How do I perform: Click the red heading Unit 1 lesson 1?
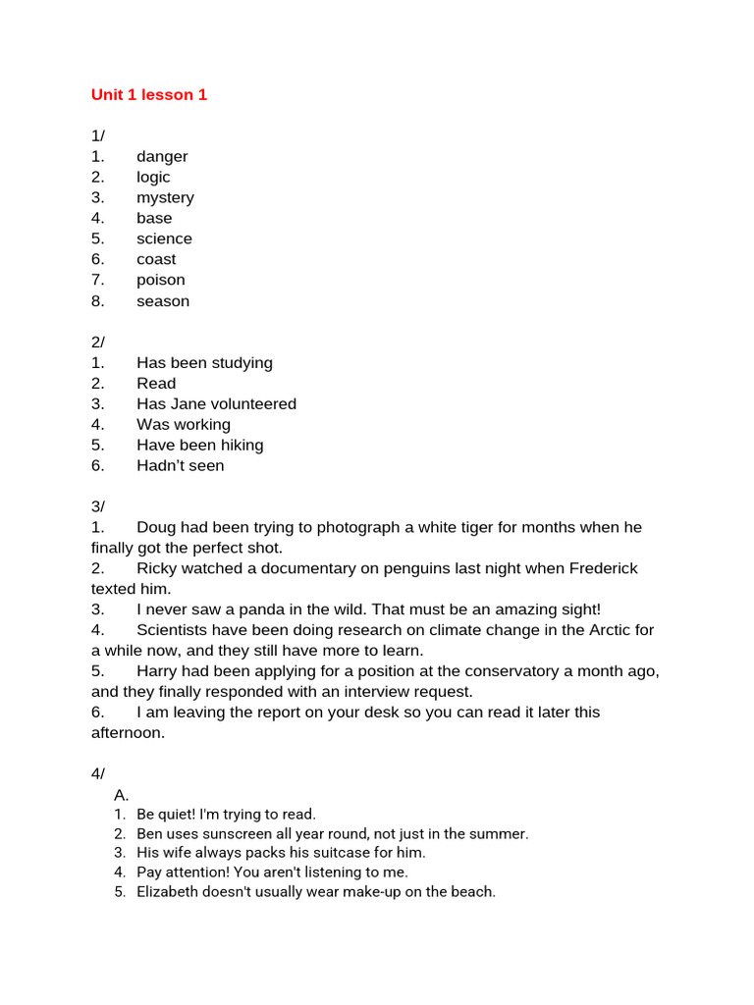click(x=149, y=95)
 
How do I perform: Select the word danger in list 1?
click(x=162, y=157)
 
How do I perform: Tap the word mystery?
click(x=165, y=198)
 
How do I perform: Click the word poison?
click(x=160, y=281)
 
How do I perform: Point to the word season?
click(x=163, y=301)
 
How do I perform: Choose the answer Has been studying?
click(x=204, y=363)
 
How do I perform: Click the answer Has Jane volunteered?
click(x=216, y=404)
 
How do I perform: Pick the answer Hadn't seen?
click(x=180, y=466)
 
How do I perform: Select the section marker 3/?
click(x=98, y=506)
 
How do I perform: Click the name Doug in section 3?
click(x=156, y=528)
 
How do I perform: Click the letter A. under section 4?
click(x=122, y=795)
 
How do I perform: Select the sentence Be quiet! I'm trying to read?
click(x=226, y=815)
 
